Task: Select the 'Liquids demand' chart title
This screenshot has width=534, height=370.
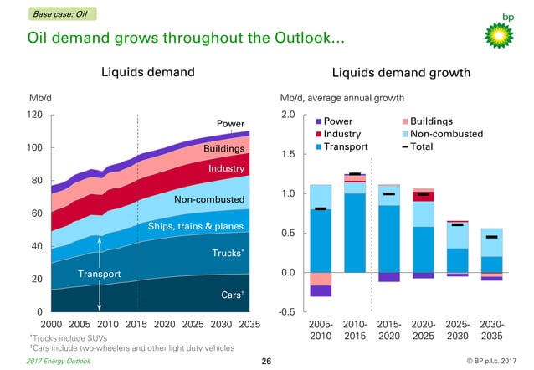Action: pyautogui.click(x=148, y=72)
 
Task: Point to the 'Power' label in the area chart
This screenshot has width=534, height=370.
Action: pyautogui.click(x=230, y=124)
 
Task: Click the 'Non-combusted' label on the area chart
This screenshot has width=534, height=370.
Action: pyautogui.click(x=208, y=200)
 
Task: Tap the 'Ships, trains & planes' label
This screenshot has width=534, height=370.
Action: pyautogui.click(x=196, y=227)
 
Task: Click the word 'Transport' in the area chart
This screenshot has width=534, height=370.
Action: pyautogui.click(x=100, y=274)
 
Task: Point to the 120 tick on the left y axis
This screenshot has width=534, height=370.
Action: pyautogui.click(x=35, y=115)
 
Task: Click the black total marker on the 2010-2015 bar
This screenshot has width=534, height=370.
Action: pyautogui.click(x=355, y=174)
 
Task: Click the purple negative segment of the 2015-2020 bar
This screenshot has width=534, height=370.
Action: pyautogui.click(x=389, y=277)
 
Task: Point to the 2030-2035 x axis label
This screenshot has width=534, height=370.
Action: pyautogui.click(x=491, y=329)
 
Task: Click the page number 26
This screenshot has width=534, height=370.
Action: pyautogui.click(x=267, y=361)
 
